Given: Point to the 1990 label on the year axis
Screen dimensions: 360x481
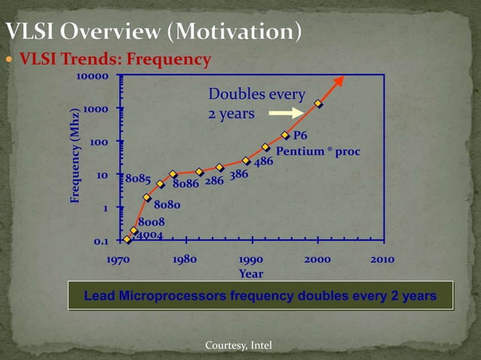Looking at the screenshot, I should pos(250,259).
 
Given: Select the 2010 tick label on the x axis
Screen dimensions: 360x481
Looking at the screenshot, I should pos(382,259).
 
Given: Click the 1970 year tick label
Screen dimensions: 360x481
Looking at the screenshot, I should pos(118,259).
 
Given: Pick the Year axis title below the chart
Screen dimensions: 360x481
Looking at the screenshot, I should pos(250,273).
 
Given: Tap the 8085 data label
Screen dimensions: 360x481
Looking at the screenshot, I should pos(138,179).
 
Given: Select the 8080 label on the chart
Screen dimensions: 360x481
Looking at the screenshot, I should pos(167,204).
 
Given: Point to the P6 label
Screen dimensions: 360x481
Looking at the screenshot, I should pos(300,136).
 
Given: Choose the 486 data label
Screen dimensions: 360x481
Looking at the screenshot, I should pos(263,162).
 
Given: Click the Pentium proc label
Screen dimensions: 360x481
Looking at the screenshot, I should pos(318,151).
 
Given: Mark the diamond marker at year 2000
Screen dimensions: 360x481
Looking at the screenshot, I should pos(319,104).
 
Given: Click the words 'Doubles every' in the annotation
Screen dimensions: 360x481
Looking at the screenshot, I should pos(256,95).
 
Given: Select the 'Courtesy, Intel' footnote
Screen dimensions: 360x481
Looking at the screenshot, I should pos(238,345).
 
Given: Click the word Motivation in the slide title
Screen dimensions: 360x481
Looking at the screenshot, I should pos(240,32).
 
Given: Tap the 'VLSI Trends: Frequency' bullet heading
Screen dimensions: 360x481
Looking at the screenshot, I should pos(115,59).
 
